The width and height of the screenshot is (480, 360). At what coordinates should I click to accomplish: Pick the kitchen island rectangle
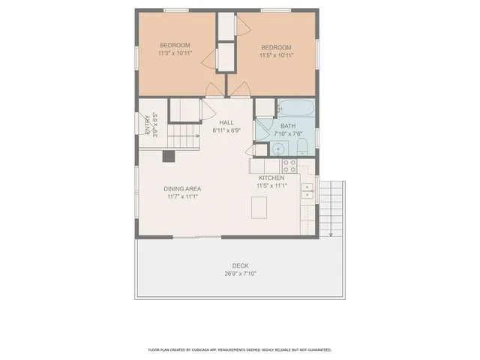click(x=259, y=207)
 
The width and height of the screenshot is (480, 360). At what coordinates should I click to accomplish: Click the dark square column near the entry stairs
click(x=169, y=156)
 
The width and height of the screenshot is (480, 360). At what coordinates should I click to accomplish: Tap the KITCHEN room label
click(x=271, y=178)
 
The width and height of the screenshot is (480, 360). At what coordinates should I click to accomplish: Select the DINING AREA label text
click(x=182, y=189)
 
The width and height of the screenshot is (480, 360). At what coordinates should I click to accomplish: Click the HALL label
click(x=226, y=122)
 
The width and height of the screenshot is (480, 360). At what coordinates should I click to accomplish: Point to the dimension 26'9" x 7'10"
click(x=240, y=274)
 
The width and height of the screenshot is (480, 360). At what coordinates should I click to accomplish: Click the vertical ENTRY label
click(x=145, y=123)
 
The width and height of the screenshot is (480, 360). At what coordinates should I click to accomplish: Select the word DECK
click(x=240, y=265)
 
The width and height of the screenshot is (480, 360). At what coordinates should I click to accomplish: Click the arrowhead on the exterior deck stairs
click(x=331, y=234)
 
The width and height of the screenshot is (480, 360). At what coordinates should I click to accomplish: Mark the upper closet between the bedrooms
click(x=226, y=25)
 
